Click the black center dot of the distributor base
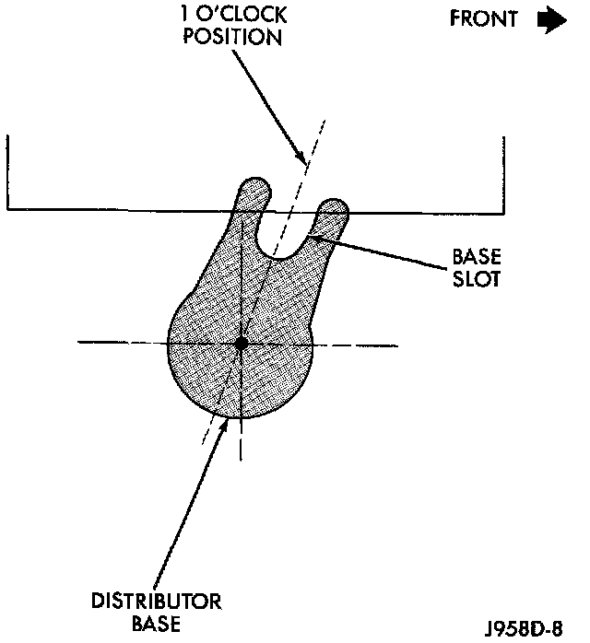point(242,344)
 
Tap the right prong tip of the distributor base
point(334,207)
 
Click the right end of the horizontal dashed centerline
point(396,345)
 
